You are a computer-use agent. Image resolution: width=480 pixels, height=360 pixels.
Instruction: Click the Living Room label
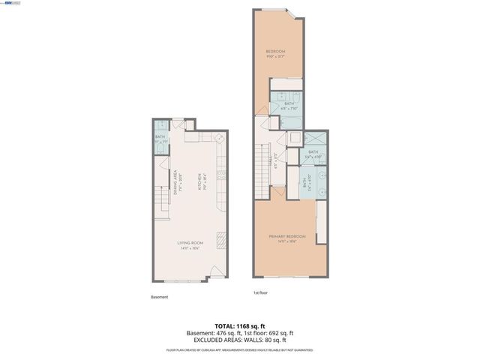[190, 244]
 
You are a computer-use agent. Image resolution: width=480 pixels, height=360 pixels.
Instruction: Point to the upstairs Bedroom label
[277, 52]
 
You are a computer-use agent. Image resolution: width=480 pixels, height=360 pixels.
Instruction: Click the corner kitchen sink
[219, 138]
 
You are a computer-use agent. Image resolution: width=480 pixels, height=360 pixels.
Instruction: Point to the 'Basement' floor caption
[160, 297]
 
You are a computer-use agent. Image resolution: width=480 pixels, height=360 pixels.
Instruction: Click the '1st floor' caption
[261, 292]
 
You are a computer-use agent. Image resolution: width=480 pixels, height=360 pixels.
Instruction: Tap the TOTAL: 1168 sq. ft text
[239, 326]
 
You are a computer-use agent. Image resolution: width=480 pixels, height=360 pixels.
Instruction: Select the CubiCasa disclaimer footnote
[239, 350]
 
